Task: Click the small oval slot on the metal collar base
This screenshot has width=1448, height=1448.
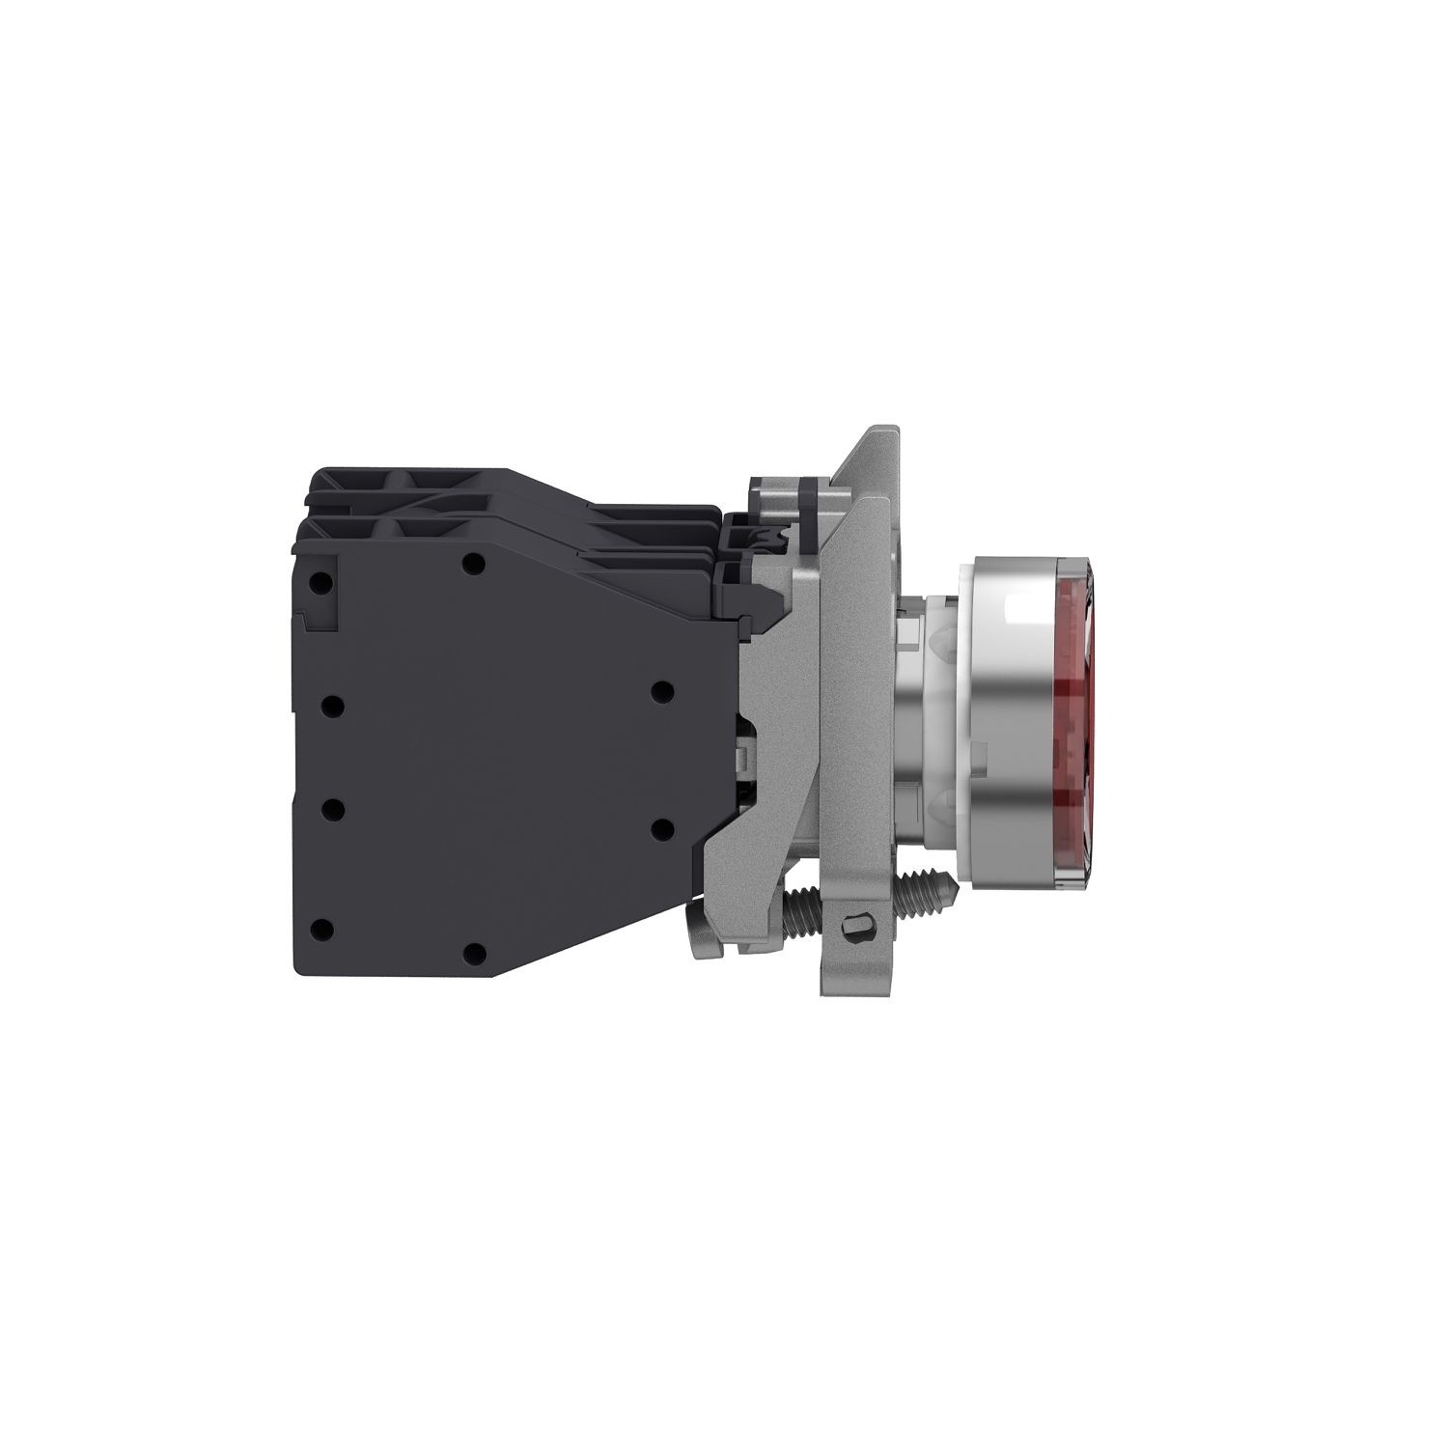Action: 854,928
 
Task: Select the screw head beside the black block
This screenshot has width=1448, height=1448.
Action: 697,940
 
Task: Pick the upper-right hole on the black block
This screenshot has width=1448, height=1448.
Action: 661,691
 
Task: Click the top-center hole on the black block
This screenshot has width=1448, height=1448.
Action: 472,563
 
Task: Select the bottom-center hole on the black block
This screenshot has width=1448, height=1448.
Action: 472,954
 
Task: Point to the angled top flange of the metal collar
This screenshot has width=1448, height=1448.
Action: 869,463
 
